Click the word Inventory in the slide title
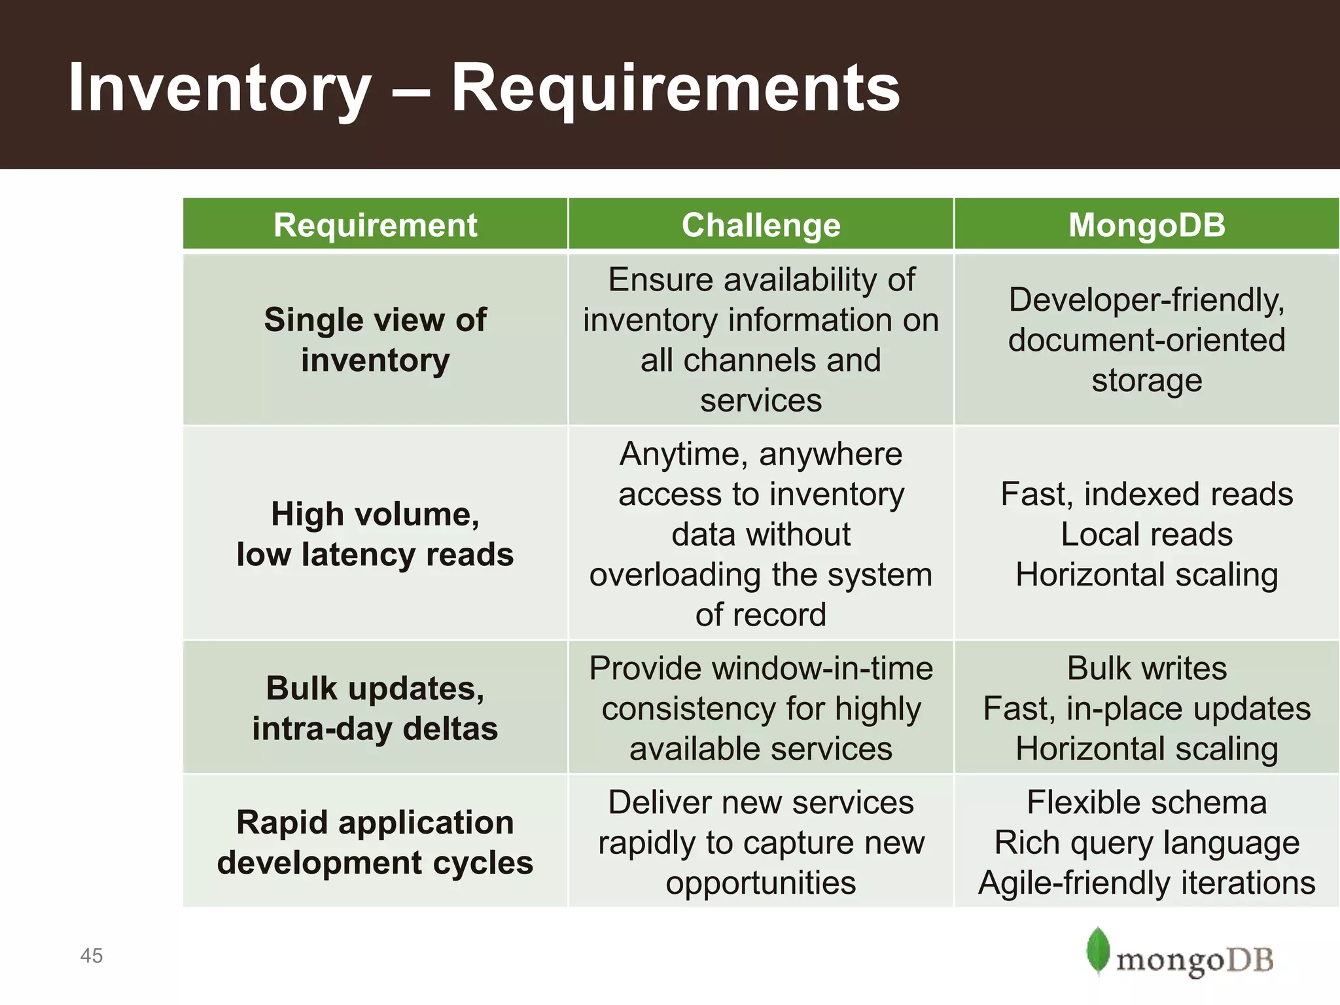pyautogui.click(x=219, y=88)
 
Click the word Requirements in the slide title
pyautogui.click(x=675, y=88)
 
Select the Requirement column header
pyautogui.click(x=375, y=225)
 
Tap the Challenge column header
pyautogui.click(x=760, y=225)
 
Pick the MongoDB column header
pyautogui.click(x=1146, y=225)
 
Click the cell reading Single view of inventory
pyautogui.click(x=375, y=340)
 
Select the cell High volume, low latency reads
pyautogui.click(x=375, y=534)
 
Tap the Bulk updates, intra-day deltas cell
pyautogui.click(x=375, y=708)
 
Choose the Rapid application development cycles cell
pyautogui.click(x=375, y=842)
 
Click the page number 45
pyautogui.click(x=92, y=956)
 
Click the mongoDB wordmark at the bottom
pyautogui.click(x=1194, y=961)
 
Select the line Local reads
pyautogui.click(x=1146, y=535)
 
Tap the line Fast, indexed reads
pyautogui.click(x=1146, y=494)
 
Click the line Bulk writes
pyautogui.click(x=1146, y=668)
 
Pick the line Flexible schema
pyautogui.click(x=1146, y=802)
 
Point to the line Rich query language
pyautogui.click(x=1146, y=843)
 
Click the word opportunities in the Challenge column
pyautogui.click(x=760, y=883)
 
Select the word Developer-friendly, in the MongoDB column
pyautogui.click(x=1146, y=300)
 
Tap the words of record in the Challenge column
pyautogui.click(x=760, y=615)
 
